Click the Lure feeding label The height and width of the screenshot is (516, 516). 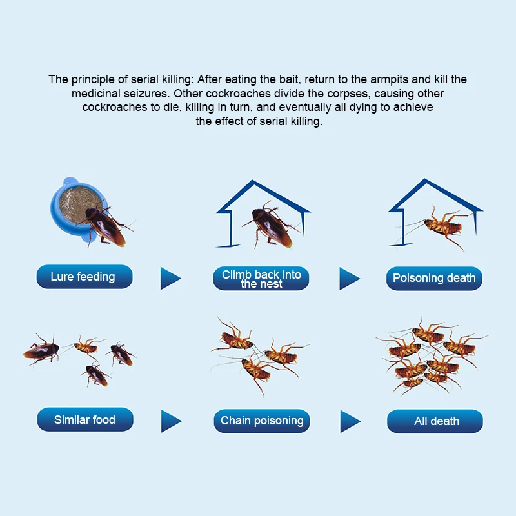click(x=84, y=277)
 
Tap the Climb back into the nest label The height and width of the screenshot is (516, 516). click(x=261, y=279)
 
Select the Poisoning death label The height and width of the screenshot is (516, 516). click(x=434, y=279)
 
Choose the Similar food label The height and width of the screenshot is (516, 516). click(x=85, y=420)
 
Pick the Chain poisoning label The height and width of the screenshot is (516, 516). click(x=262, y=421)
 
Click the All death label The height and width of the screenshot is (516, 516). click(x=435, y=421)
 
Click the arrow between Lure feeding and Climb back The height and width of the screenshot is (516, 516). click(x=170, y=279)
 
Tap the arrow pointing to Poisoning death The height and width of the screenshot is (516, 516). click(x=350, y=279)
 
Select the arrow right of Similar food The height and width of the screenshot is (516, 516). click(x=171, y=421)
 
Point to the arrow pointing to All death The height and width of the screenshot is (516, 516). click(x=350, y=421)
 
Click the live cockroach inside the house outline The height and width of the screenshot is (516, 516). click(x=270, y=225)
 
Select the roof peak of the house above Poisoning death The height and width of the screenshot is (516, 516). click(x=425, y=180)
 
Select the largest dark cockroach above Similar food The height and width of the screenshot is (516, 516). click(x=42, y=351)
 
